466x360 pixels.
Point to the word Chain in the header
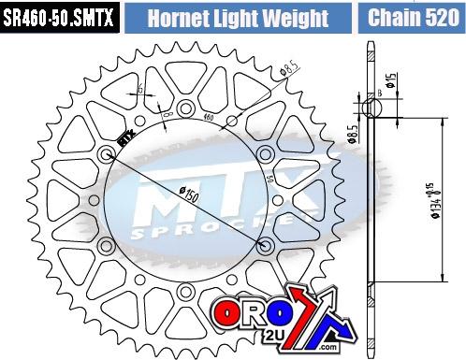tap(393, 17)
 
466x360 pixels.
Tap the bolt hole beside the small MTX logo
tap(106, 151)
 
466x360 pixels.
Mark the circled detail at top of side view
tap(372, 108)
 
